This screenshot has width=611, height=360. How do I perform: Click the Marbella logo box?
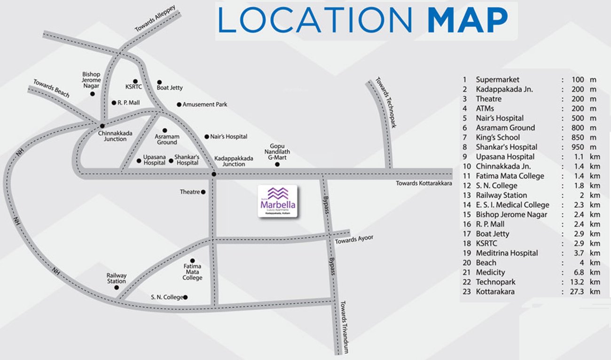277,201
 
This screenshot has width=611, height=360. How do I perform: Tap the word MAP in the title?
468,21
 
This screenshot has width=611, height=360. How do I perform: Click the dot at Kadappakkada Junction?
214,174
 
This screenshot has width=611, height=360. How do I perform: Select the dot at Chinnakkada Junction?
102,126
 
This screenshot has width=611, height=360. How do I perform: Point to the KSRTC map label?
133,87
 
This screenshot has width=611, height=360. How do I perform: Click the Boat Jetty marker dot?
159,82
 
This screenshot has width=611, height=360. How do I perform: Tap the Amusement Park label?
205,104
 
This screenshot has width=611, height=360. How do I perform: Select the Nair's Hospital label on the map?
229,137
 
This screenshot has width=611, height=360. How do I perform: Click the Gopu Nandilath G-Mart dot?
277,164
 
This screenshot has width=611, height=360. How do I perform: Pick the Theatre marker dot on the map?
203,192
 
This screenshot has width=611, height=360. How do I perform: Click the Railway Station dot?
117,287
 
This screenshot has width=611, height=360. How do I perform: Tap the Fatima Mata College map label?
192,272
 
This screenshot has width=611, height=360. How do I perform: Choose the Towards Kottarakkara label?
423,183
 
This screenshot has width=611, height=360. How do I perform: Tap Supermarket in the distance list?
497,80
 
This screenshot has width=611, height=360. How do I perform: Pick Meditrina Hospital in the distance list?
507,253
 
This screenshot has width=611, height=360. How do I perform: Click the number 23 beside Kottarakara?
467,292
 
